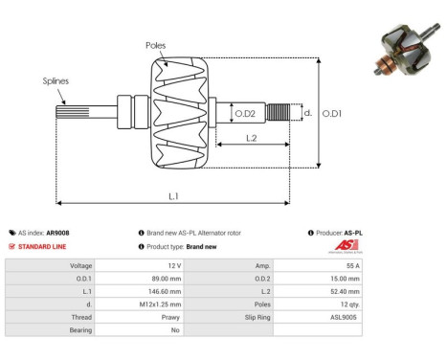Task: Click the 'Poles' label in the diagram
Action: pyautogui.click(x=156, y=46)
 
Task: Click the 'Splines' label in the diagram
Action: pyautogui.click(x=55, y=81)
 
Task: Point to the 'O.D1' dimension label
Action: pyautogui.click(x=332, y=113)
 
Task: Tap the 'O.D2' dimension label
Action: pyautogui.click(x=245, y=114)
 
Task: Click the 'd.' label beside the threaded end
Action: pyautogui.click(x=307, y=112)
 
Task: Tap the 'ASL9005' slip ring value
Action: pyautogui.click(x=346, y=315)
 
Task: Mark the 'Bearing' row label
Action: pyautogui.click(x=79, y=328)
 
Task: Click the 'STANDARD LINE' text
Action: pyautogui.click(x=43, y=246)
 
